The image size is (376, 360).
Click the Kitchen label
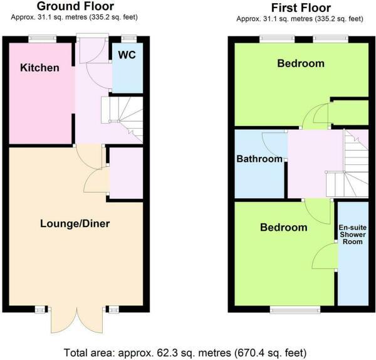click(39, 68)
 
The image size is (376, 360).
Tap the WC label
click(127, 55)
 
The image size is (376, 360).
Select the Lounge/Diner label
click(75, 224)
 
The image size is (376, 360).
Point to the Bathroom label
click(259, 159)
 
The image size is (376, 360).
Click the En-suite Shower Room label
click(352, 235)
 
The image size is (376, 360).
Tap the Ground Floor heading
click(75, 6)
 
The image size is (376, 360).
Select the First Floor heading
click(301, 8)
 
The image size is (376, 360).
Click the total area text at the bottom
click(185, 353)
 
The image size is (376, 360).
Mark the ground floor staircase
click(122, 120)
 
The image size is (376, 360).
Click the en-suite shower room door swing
click(325, 256)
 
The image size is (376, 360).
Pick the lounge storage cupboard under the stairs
click(126, 173)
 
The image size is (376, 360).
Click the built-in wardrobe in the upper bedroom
click(350, 112)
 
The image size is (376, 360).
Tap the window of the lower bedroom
click(295, 310)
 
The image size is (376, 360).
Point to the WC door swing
click(98, 76)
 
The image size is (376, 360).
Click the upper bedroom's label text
click(301, 63)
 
